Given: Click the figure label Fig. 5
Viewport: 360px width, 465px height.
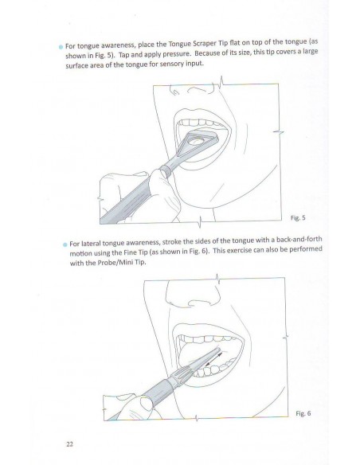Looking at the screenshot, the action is (298, 218).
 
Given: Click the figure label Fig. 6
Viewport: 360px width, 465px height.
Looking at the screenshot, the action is (303, 413).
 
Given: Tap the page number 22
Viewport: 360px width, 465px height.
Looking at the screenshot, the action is (69, 444).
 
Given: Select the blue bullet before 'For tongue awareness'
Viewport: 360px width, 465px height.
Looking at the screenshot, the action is (61, 47).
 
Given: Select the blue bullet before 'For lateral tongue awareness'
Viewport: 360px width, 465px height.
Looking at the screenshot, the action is (65, 244).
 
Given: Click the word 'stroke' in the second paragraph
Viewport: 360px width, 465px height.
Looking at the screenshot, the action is (170, 242).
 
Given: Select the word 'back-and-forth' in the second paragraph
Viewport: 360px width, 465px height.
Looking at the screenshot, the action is (299, 240).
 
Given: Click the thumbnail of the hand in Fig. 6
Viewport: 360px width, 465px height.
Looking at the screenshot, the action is (146, 404).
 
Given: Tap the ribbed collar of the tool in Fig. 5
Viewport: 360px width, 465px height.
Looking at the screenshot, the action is (166, 172).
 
